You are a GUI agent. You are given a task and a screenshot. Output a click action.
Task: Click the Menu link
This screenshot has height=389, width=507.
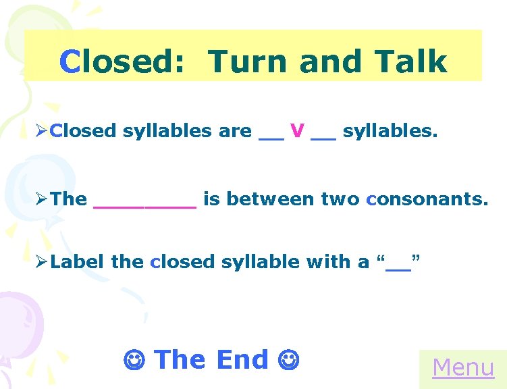pyautogui.click(x=463, y=367)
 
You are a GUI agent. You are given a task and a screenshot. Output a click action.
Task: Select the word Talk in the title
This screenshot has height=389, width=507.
pyautogui.click(x=413, y=61)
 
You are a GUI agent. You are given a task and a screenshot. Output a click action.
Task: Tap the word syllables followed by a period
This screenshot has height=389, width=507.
pyautogui.click(x=390, y=131)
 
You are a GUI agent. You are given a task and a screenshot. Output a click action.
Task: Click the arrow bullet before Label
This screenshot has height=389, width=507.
pyautogui.click(x=42, y=262)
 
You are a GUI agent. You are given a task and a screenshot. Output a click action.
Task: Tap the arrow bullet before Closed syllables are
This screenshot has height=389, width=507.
pyautogui.click(x=42, y=131)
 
